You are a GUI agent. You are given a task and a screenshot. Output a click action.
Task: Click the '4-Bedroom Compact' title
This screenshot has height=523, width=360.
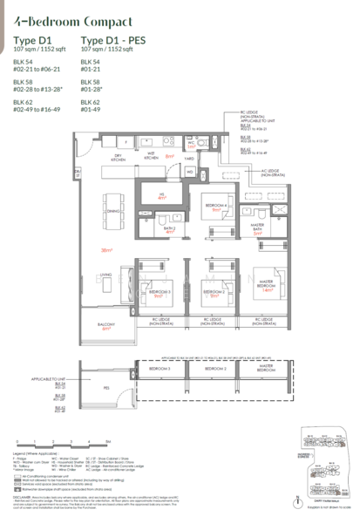pos(68,19)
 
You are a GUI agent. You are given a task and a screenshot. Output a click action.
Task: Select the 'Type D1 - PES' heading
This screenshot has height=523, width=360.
pos(112,40)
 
